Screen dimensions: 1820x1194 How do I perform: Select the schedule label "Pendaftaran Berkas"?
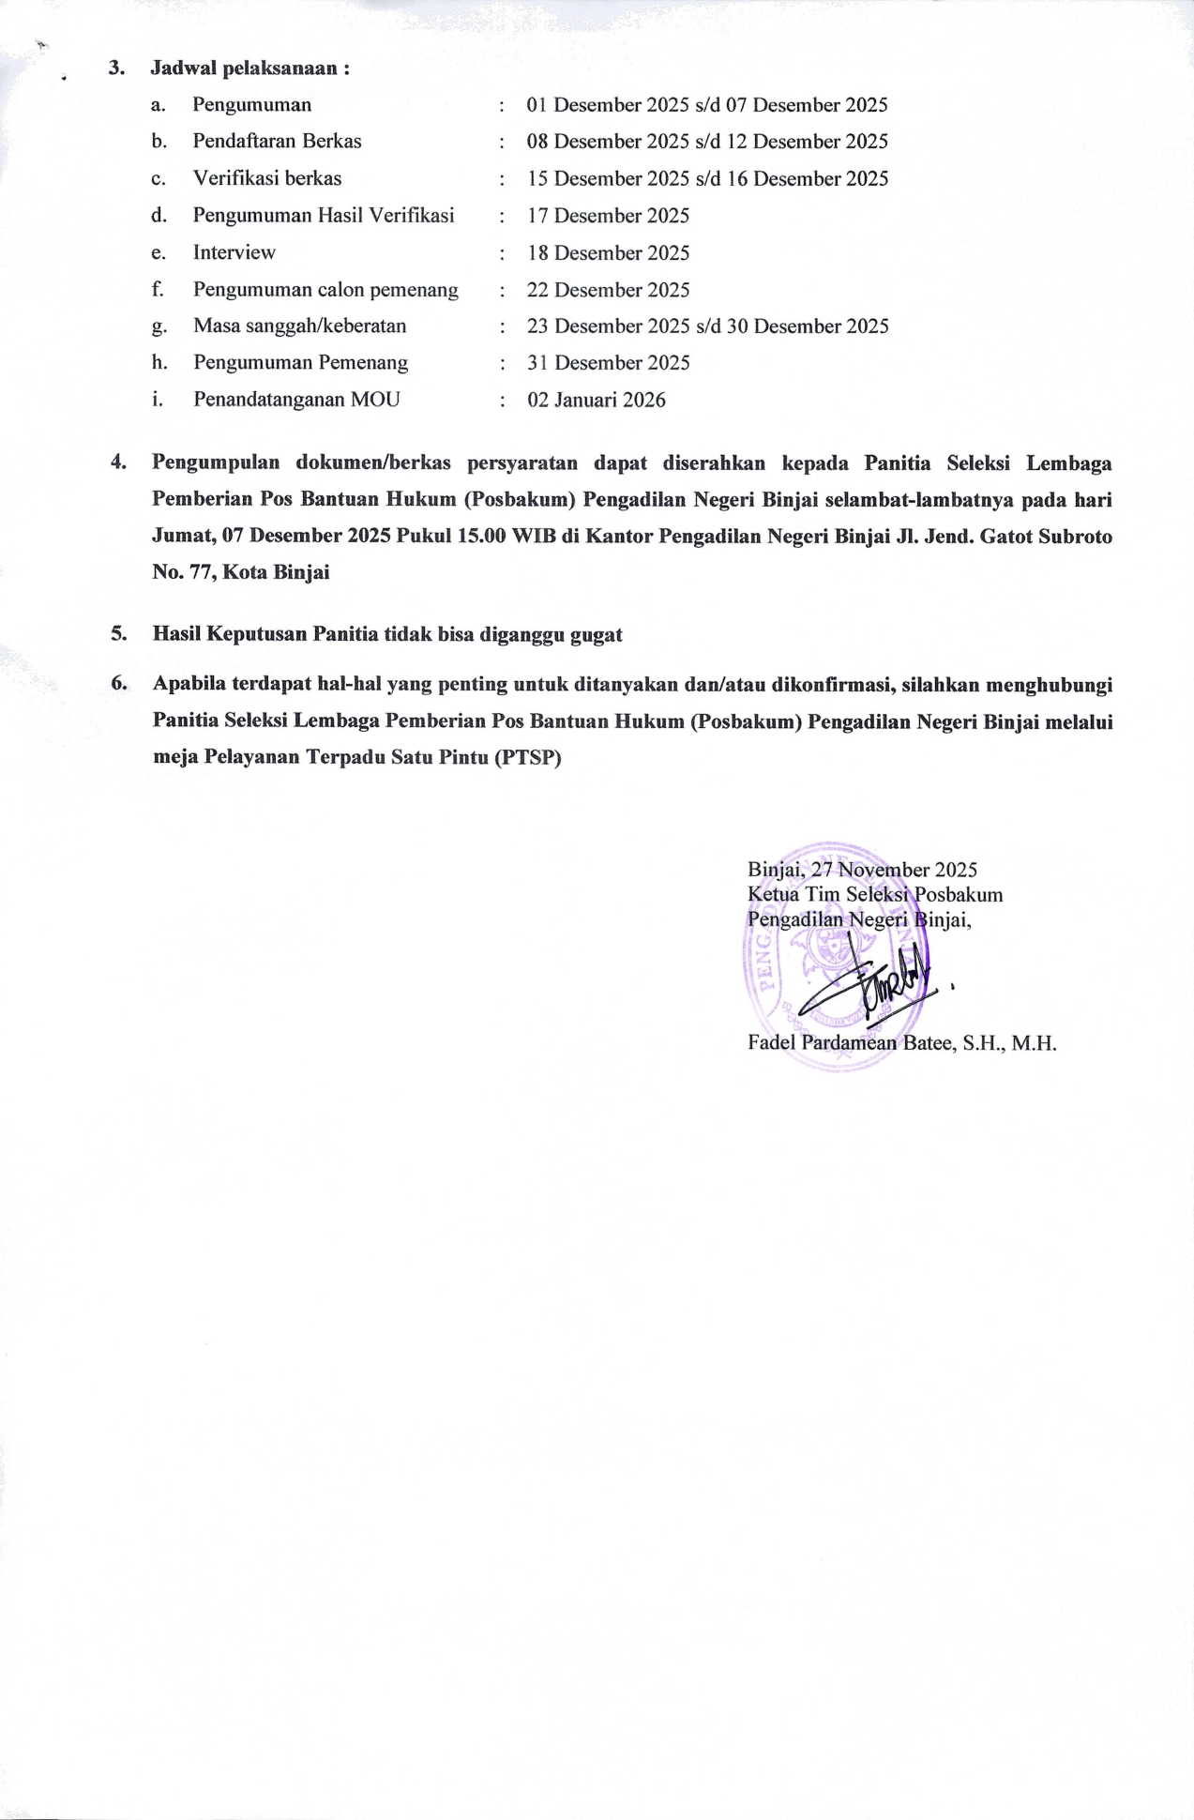(x=277, y=142)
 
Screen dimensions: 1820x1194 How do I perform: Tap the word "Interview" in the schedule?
(x=234, y=252)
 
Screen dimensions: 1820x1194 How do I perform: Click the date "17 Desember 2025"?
(x=608, y=216)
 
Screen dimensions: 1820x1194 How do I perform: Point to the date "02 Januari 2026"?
(x=597, y=401)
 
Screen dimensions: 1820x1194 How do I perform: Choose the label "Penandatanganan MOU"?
(x=296, y=400)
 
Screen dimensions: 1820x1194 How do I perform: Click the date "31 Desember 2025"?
(x=608, y=363)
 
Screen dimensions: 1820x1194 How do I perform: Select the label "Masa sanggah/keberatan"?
(x=299, y=326)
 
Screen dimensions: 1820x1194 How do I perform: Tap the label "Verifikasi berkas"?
(x=267, y=178)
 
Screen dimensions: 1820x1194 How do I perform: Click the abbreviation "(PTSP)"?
(x=526, y=758)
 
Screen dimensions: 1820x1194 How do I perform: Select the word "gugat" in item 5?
(x=597, y=634)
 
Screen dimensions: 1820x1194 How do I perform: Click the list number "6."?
(x=118, y=684)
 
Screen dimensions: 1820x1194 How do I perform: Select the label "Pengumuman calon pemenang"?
(x=325, y=290)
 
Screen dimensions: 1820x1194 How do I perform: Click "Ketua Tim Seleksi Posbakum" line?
(x=875, y=895)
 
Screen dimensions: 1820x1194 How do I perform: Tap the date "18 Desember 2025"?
(x=608, y=253)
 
